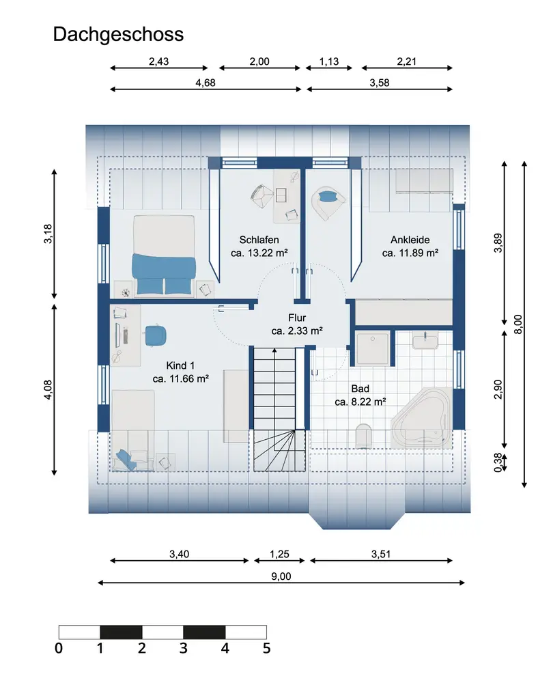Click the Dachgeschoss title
118,34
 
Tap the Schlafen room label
259,240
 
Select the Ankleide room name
410,240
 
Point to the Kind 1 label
181,365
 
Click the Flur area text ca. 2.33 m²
297,331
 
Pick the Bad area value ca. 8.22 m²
360,402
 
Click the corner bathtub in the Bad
421,417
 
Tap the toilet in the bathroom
363,435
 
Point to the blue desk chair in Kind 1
156,336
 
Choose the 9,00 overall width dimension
281,583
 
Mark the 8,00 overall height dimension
525,324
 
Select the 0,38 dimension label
498,462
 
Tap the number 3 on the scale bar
184,648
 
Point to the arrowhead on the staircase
274,350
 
